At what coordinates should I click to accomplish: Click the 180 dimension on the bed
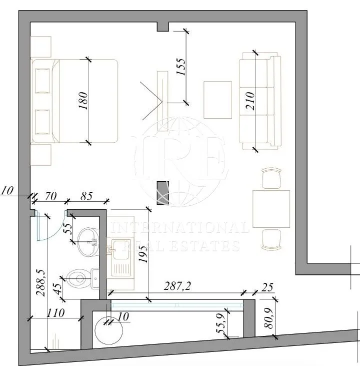point(83,101)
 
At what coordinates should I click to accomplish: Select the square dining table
point(271,208)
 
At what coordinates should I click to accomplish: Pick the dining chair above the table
point(271,178)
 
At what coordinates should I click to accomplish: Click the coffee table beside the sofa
point(217,99)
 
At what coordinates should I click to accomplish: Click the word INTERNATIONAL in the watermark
point(180,228)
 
